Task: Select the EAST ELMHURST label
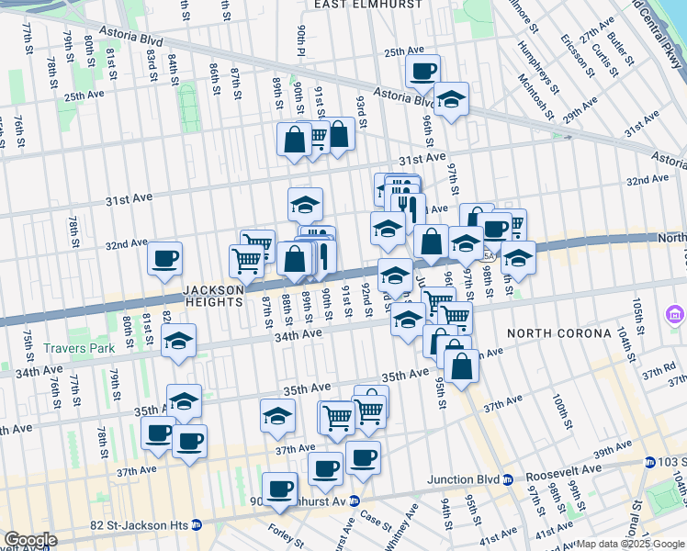tap(368, 5)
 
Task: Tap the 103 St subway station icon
tap(650, 461)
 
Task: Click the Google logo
tap(30, 540)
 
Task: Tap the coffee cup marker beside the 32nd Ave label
tap(164, 260)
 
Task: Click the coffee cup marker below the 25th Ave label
tap(422, 72)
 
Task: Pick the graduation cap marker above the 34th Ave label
tap(178, 342)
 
